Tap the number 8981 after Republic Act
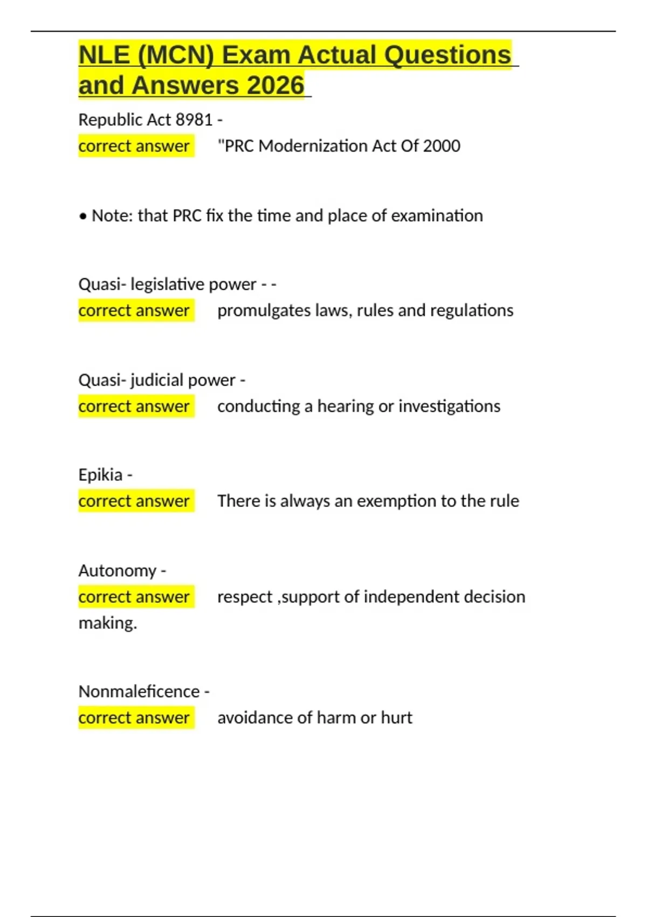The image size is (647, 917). coord(194,119)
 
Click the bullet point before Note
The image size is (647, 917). coord(82,216)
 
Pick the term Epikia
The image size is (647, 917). coord(100,475)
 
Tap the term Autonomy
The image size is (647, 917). coord(118,570)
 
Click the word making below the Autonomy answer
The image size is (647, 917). coord(107,623)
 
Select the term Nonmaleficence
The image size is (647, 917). coord(139,691)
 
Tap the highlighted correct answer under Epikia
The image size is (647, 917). coord(134,501)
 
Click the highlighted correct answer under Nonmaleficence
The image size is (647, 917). coord(134,717)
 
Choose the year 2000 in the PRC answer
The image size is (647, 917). coord(442,146)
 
